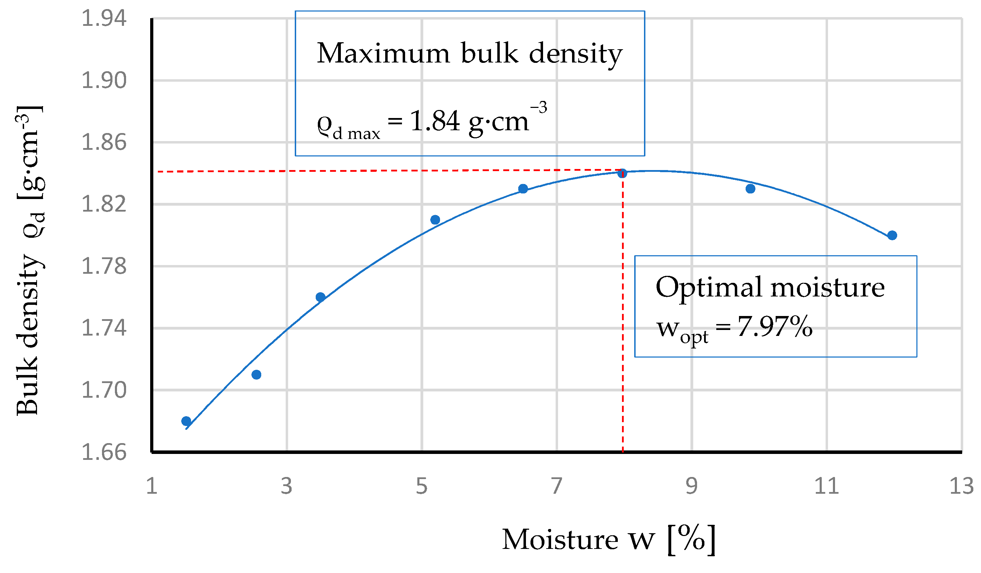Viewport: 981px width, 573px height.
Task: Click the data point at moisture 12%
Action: click(x=892, y=235)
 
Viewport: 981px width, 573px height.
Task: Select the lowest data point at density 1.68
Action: click(x=186, y=421)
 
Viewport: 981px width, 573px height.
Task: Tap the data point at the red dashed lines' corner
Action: click(x=622, y=173)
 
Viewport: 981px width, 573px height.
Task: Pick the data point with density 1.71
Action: click(x=256, y=375)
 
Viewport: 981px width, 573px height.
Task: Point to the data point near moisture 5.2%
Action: click(x=435, y=220)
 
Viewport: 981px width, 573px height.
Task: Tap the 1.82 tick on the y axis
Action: click(x=104, y=204)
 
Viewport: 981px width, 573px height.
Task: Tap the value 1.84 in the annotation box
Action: click(x=435, y=121)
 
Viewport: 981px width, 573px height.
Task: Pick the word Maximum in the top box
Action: click(x=383, y=53)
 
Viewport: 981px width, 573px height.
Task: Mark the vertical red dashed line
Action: click(x=623, y=311)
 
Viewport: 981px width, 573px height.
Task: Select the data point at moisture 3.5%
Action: click(x=320, y=297)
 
